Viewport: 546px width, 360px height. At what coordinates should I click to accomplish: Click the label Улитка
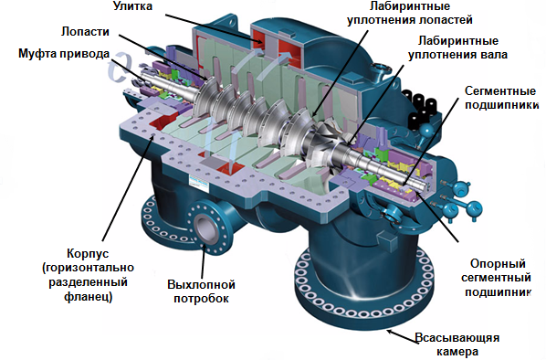point(132,6)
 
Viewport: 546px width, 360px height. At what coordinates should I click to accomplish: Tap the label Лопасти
point(85,31)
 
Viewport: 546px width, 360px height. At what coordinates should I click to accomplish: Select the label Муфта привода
point(64,54)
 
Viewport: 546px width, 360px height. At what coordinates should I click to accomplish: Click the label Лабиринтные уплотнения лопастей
point(410,13)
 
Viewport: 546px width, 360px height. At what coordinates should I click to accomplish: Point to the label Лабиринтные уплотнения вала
point(458,48)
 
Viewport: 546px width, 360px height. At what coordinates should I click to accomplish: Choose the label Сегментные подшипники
point(501,98)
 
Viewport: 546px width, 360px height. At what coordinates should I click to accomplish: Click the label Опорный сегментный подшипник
point(497,278)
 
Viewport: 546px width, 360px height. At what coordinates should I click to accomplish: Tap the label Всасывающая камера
point(457,344)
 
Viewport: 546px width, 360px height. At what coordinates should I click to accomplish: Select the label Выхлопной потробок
point(201,291)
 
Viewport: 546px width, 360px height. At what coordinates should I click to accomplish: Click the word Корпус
point(88,253)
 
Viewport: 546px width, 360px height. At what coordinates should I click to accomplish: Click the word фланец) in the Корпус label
point(88,297)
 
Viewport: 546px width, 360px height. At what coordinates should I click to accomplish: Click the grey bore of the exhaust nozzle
point(205,227)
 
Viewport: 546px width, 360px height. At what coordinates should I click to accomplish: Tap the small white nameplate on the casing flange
point(198,183)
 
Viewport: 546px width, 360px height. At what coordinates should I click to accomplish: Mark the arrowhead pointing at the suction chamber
point(391,332)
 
